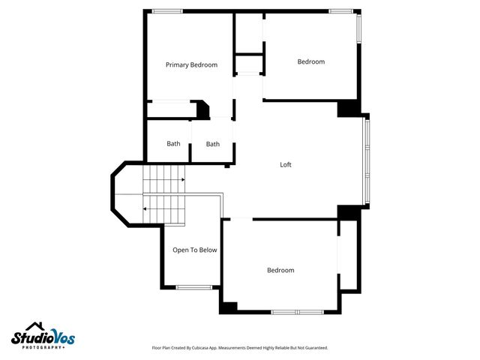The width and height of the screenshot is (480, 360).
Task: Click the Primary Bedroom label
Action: click(191, 65)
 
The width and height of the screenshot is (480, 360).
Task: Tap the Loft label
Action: click(286, 165)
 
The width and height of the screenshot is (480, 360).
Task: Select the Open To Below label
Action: click(194, 250)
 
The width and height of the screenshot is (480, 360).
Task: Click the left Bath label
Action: click(173, 144)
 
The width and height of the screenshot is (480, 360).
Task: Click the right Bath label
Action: click(213, 144)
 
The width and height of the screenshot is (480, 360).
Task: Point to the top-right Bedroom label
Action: click(311, 62)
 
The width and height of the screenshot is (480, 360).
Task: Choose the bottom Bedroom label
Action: click(280, 270)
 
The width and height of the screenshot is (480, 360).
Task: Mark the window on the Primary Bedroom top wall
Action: click(166, 11)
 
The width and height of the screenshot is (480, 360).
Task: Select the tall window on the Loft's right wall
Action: click(366, 160)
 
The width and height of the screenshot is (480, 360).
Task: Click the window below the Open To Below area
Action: click(193, 286)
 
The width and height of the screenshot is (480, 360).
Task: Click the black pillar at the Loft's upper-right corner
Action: click(348, 109)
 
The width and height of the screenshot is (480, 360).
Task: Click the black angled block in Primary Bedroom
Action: click(202, 110)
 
